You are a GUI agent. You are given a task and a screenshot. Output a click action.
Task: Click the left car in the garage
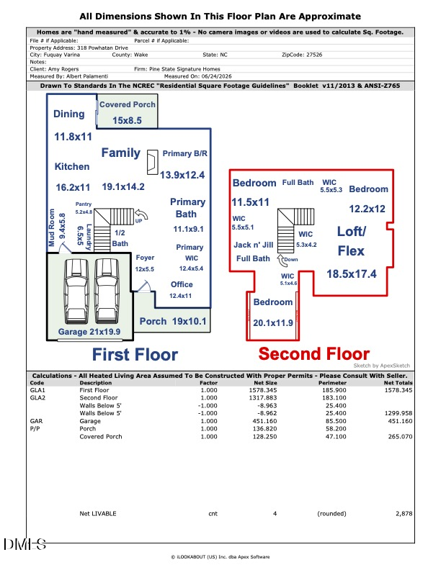76,291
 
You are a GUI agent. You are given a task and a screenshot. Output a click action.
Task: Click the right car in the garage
107,291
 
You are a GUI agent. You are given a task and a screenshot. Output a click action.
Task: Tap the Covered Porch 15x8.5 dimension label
127,120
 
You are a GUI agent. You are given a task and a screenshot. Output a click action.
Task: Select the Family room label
121,153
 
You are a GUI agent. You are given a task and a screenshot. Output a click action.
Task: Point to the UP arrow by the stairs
141,215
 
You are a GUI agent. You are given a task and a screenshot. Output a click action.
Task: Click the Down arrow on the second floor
281,261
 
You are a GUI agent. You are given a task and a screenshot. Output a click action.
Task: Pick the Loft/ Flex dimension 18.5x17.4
352,273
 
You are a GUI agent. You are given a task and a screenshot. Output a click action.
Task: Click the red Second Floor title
314,353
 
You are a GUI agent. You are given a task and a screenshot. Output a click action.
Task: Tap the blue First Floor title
135,354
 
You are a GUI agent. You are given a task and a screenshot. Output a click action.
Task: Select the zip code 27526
314,55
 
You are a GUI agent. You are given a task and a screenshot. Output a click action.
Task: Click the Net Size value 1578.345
263,390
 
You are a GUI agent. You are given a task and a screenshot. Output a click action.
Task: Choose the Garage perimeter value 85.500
336,421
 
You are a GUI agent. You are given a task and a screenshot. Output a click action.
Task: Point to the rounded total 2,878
404,514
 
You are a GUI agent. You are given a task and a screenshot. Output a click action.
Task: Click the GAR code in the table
36,421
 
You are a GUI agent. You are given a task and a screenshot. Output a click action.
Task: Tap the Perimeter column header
332,383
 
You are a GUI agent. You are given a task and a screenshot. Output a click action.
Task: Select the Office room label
182,284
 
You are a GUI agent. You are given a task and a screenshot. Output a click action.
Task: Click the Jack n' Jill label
253,245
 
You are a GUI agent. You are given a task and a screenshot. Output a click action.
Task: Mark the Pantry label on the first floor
84,204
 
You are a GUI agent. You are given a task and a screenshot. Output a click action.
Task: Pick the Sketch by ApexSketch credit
382,366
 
